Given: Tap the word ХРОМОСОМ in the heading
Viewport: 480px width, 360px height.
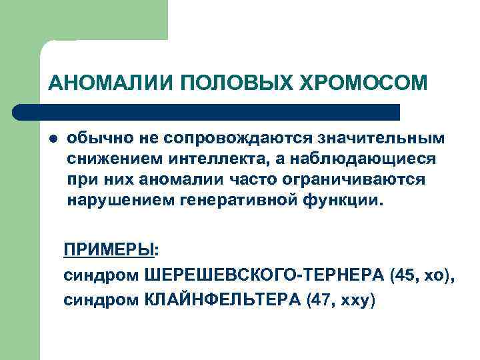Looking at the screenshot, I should coord(364,83).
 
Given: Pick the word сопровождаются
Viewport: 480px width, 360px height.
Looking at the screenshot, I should coord(227,139).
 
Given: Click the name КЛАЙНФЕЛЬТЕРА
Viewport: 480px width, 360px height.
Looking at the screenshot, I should coord(222,301).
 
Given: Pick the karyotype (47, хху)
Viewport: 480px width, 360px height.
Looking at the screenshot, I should coord(341,301).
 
